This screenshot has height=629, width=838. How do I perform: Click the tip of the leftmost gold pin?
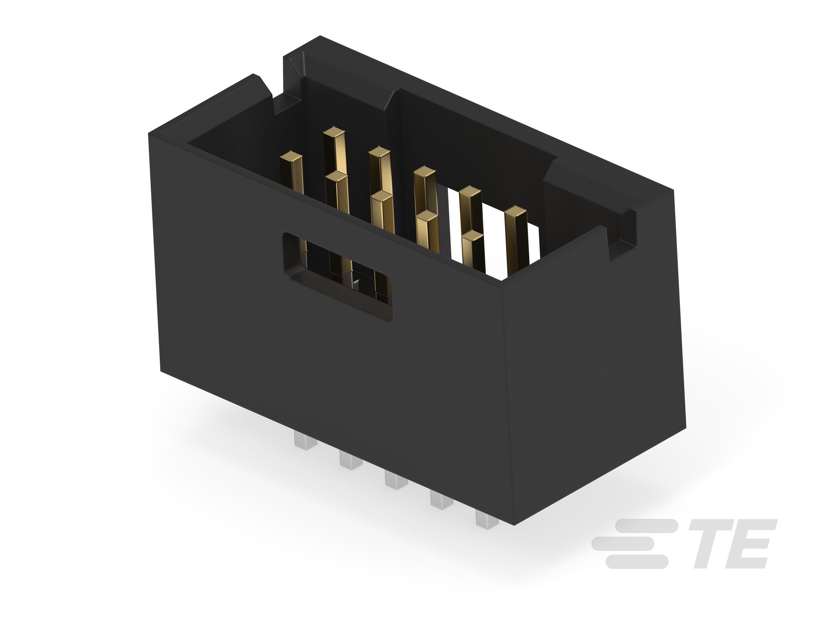click(291, 156)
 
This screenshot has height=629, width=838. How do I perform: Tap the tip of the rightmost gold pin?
click(516, 211)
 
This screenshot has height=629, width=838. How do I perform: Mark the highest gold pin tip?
click(334, 132)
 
